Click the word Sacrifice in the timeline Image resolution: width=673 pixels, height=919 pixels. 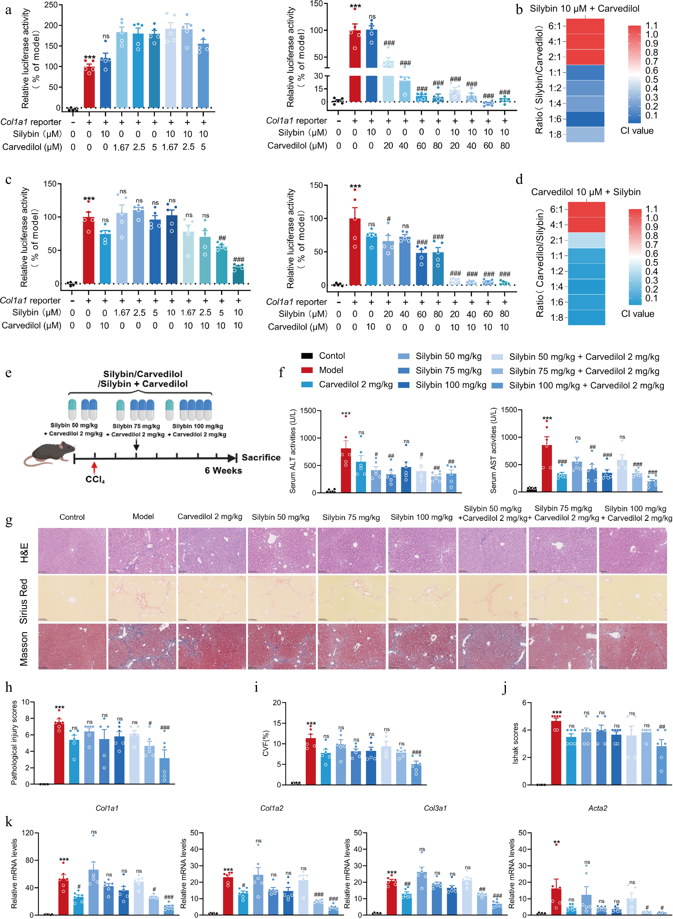[261, 457]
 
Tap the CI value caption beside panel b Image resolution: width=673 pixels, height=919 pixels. [637, 131]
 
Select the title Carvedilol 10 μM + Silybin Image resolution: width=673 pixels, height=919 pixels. [585, 192]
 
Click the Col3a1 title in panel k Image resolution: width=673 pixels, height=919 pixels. [435, 808]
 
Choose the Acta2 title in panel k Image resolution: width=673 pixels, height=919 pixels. [598, 808]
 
